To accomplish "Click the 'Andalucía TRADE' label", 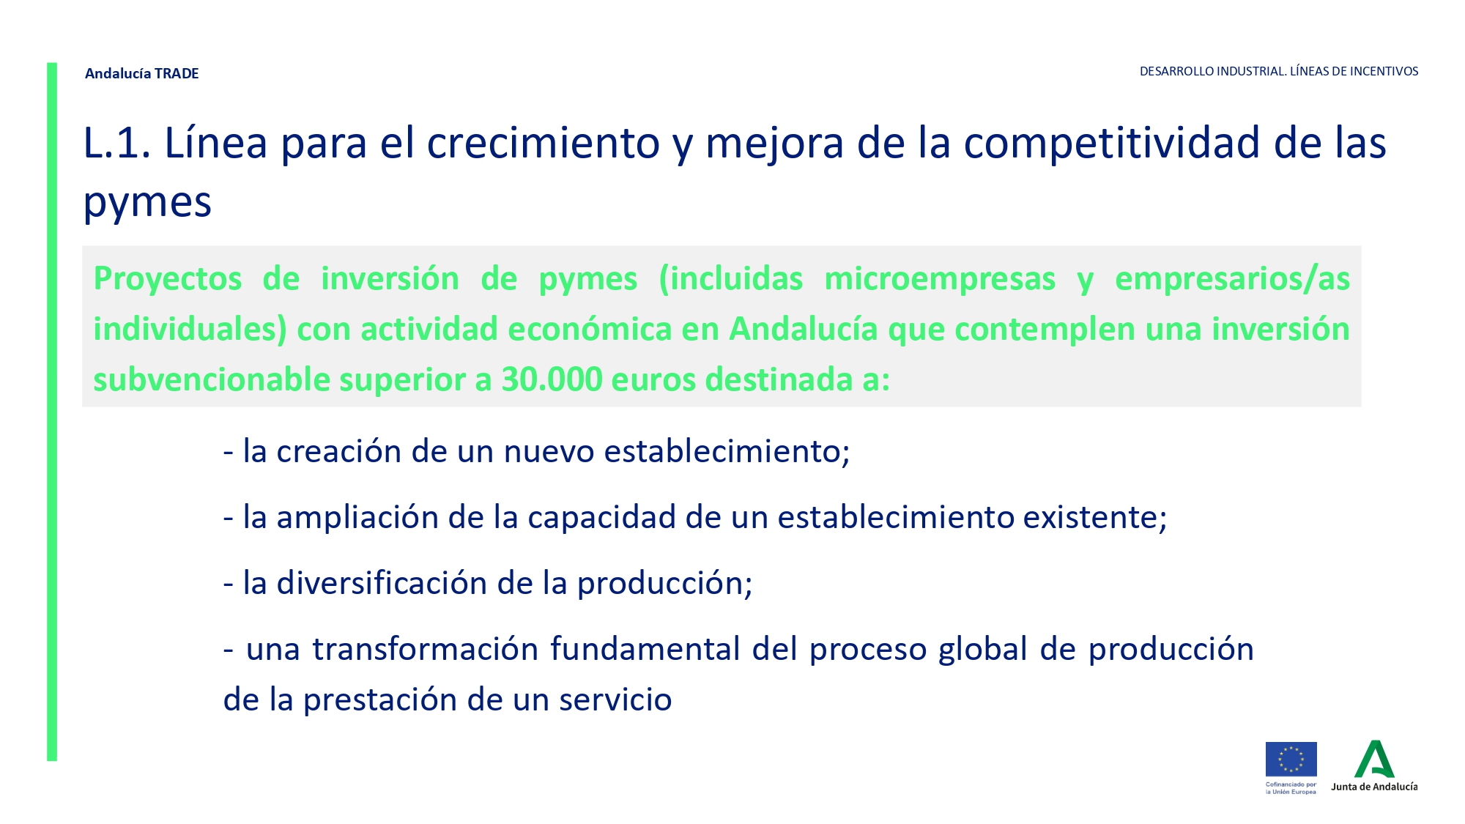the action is [x=141, y=73].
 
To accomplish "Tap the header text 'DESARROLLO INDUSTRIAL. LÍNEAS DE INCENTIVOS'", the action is [x=1279, y=71].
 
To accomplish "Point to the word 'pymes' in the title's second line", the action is [x=147, y=204].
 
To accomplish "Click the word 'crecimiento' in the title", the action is [x=544, y=142].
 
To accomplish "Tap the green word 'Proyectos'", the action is [x=168, y=280].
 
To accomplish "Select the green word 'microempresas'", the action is [x=940, y=280].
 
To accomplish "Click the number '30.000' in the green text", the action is [x=552, y=379].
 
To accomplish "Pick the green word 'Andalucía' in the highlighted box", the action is [x=804, y=329].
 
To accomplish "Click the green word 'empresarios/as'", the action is [x=1232, y=280].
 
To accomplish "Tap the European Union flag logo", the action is [x=1291, y=760].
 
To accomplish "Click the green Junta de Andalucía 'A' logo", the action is [x=1374, y=759].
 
